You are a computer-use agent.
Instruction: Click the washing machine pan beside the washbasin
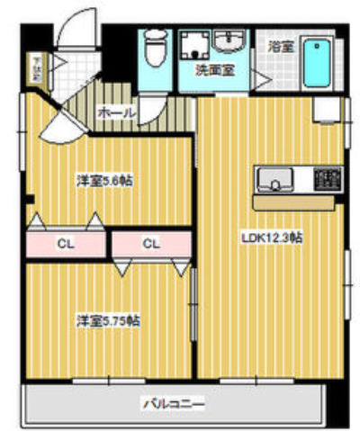tap(193, 45)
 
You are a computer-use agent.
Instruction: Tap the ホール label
tap(115, 112)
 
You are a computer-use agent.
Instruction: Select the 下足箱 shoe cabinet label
tap(37, 68)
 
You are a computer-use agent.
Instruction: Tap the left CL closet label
tap(65, 243)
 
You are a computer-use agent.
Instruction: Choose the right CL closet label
tap(150, 243)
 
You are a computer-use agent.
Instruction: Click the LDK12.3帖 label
tap(271, 238)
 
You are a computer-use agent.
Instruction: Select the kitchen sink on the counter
tap(270, 181)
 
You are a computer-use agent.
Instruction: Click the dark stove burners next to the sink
tap(326, 177)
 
